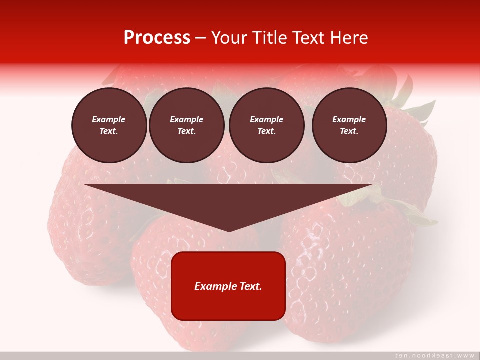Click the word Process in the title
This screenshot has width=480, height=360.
point(157,38)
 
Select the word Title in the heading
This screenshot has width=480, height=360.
point(270,38)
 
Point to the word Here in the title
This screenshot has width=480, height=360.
point(349,38)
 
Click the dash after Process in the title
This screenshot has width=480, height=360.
point(201,38)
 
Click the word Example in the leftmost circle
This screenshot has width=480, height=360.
point(109,119)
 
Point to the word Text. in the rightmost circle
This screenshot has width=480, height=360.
point(349,131)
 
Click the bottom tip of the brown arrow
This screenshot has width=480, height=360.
point(228,230)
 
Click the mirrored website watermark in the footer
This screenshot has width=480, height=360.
point(435,355)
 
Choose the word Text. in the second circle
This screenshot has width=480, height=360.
point(187,131)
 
